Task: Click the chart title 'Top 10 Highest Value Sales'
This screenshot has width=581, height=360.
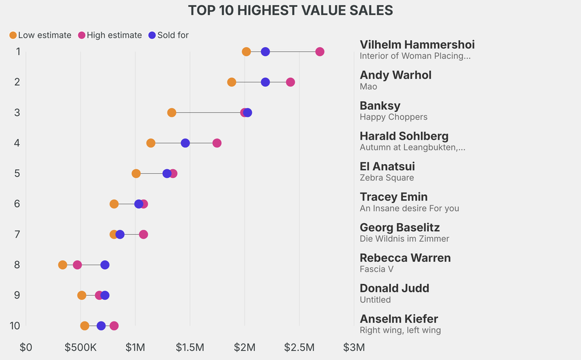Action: [290, 10]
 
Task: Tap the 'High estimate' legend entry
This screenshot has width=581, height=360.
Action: [110, 35]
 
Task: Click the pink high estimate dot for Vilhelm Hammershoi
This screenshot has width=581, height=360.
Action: [319, 52]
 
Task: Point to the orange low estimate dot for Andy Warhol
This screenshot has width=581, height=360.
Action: [231, 82]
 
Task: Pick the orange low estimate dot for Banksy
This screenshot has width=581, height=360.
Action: [172, 112]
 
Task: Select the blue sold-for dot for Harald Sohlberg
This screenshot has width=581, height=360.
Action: [185, 143]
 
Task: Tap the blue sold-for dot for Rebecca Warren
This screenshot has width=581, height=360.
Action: [105, 265]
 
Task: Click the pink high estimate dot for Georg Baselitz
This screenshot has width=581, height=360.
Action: [144, 235]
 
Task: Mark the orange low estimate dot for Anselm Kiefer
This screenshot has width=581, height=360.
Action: [85, 326]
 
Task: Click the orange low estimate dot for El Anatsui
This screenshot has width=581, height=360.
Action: [136, 173]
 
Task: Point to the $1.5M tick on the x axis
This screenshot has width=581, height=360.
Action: [190, 347]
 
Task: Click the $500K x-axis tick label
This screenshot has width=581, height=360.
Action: [81, 347]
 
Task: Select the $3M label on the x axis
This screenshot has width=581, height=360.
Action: [354, 347]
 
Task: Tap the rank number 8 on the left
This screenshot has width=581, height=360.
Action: [18, 265]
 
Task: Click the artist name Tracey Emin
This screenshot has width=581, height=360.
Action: [394, 197]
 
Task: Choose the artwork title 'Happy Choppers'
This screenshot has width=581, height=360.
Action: [393, 117]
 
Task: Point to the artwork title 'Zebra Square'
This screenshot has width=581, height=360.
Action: [386, 178]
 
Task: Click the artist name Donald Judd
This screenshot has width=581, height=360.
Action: [394, 288]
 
